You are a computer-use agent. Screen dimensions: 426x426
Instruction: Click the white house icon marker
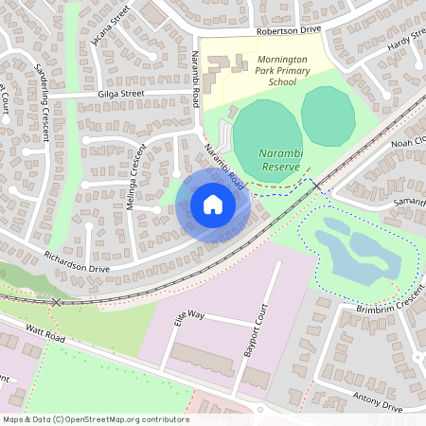213,204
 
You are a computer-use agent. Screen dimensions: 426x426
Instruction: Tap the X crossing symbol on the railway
57,301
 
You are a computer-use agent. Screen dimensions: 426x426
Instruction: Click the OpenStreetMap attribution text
97,419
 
